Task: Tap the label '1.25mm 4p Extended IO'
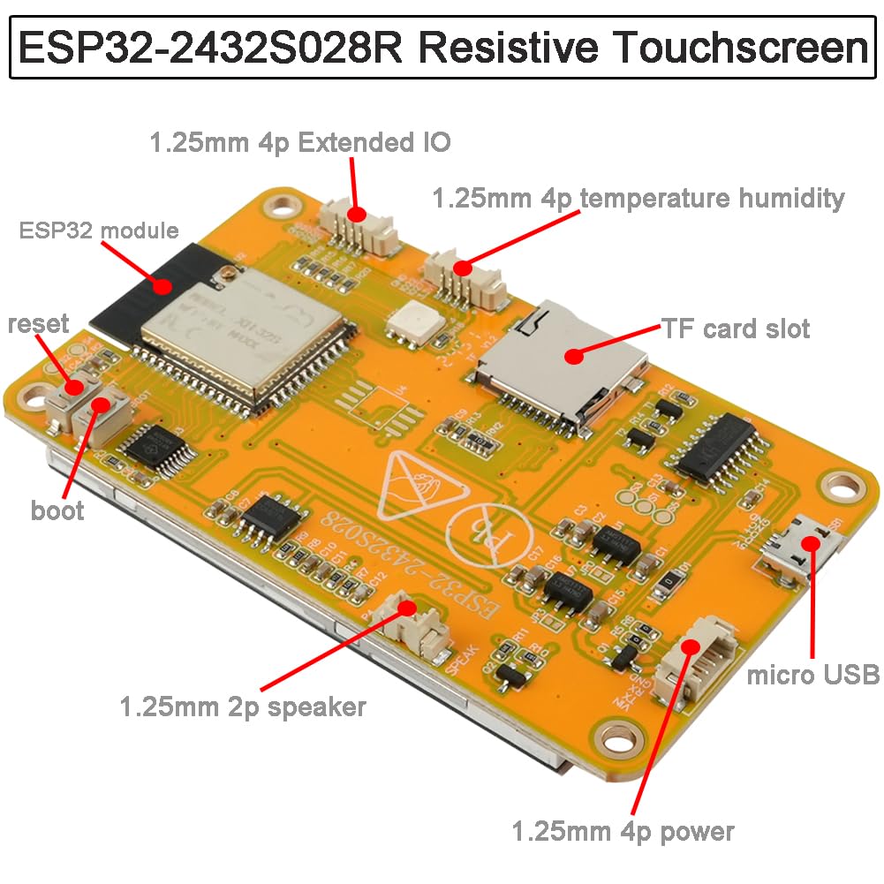pyautogui.click(x=300, y=142)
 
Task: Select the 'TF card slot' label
pyautogui.click(x=736, y=329)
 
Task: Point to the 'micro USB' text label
pyautogui.click(x=813, y=676)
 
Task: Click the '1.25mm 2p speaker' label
pyautogui.click(x=243, y=706)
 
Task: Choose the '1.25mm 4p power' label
pyautogui.click(x=623, y=831)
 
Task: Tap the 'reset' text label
pyautogui.click(x=38, y=323)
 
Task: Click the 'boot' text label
pyautogui.click(x=57, y=510)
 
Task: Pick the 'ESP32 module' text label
pyautogui.click(x=99, y=231)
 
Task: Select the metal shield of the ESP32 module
pyautogui.click(x=243, y=327)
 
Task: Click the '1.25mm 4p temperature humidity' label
pyautogui.click(x=638, y=197)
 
